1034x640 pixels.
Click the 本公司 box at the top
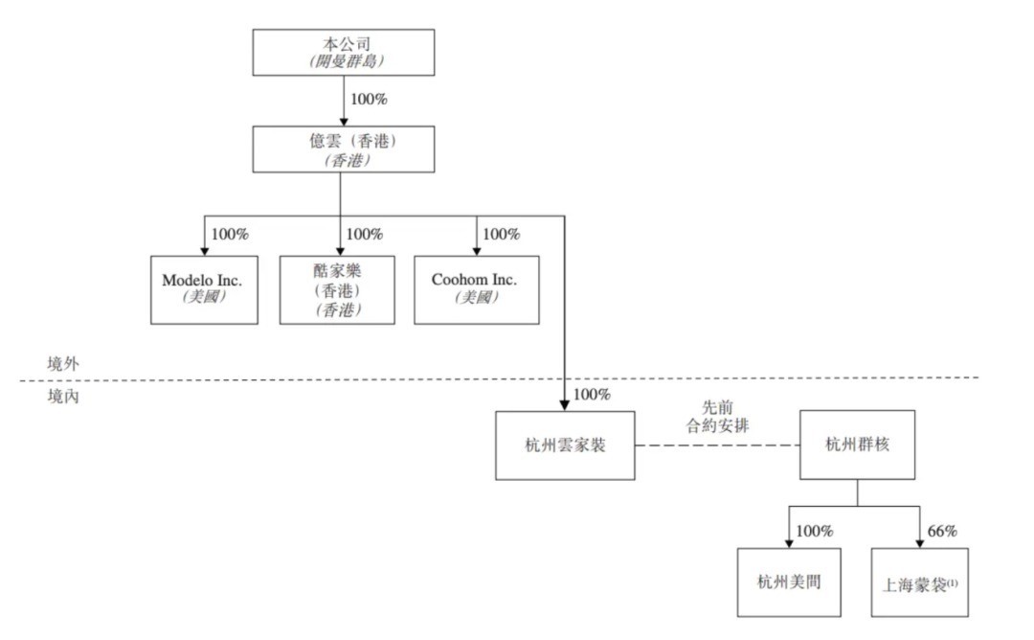tap(342, 52)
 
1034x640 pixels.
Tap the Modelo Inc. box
tap(203, 288)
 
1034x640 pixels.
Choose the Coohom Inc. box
tap(476, 288)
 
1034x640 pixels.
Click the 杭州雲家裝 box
tap(566, 446)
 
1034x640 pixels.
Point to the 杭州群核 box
tap(856, 446)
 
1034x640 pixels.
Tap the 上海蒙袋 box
tap(919, 583)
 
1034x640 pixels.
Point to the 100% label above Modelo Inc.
tap(230, 234)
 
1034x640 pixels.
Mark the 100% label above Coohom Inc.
tap(502, 234)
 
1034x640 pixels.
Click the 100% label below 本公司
tap(369, 99)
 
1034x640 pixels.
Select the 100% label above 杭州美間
tap(814, 531)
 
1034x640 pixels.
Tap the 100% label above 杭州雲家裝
tap(592, 394)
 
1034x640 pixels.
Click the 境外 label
tap(63, 364)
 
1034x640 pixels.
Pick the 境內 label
tap(63, 395)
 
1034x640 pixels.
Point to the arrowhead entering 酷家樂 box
tap(340, 251)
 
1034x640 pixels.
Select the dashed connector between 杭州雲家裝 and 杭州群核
tap(717, 446)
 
